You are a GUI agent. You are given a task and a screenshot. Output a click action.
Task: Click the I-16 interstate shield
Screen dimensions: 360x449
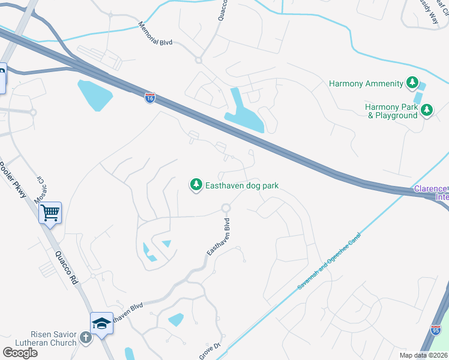pos(150,98)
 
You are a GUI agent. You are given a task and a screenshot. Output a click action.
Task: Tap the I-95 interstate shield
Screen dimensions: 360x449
pos(436,329)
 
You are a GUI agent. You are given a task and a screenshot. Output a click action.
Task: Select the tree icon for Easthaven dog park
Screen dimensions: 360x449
pos(196,186)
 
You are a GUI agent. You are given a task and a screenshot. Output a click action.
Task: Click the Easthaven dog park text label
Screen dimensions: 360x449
pos(242,186)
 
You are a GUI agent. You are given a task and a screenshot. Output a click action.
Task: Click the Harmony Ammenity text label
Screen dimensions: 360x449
pos(366,84)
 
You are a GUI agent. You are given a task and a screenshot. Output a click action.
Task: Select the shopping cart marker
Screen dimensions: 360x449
pos(50,212)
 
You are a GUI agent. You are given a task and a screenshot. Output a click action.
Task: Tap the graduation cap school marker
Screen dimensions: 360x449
pos(101,323)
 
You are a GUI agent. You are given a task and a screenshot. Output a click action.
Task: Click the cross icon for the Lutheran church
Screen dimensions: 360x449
pos(86,338)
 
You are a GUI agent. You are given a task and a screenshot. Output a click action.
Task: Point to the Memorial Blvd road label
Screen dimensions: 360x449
pos(155,35)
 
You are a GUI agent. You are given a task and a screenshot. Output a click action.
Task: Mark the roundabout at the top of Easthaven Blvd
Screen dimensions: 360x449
pos(226,208)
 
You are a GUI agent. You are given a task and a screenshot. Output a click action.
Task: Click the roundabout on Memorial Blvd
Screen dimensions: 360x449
pos(198,61)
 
